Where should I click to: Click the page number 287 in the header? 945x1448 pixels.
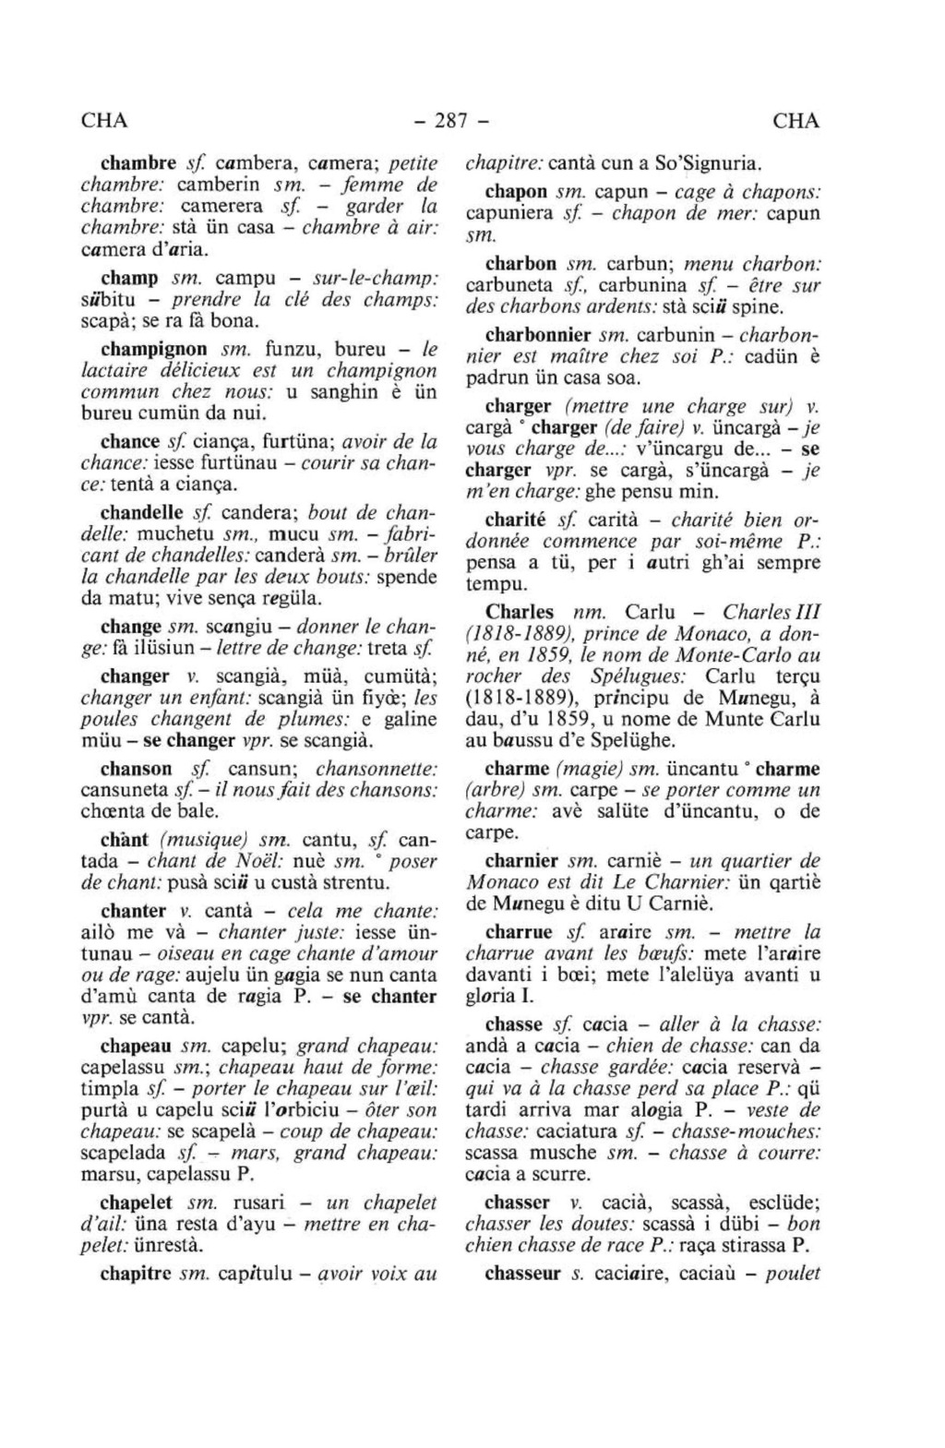pos(450,121)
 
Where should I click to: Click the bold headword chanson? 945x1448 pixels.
pos(137,769)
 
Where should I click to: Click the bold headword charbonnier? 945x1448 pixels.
pos(539,335)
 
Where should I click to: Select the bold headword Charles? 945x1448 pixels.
pos(520,612)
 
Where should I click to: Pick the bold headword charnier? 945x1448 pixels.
pos(521,861)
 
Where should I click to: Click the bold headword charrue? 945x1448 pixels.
pos(519,932)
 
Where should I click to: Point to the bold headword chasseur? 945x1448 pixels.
pos(522,1274)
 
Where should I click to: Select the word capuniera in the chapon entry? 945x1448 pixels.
pos(509,214)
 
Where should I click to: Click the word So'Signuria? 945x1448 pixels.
pos(707,164)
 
